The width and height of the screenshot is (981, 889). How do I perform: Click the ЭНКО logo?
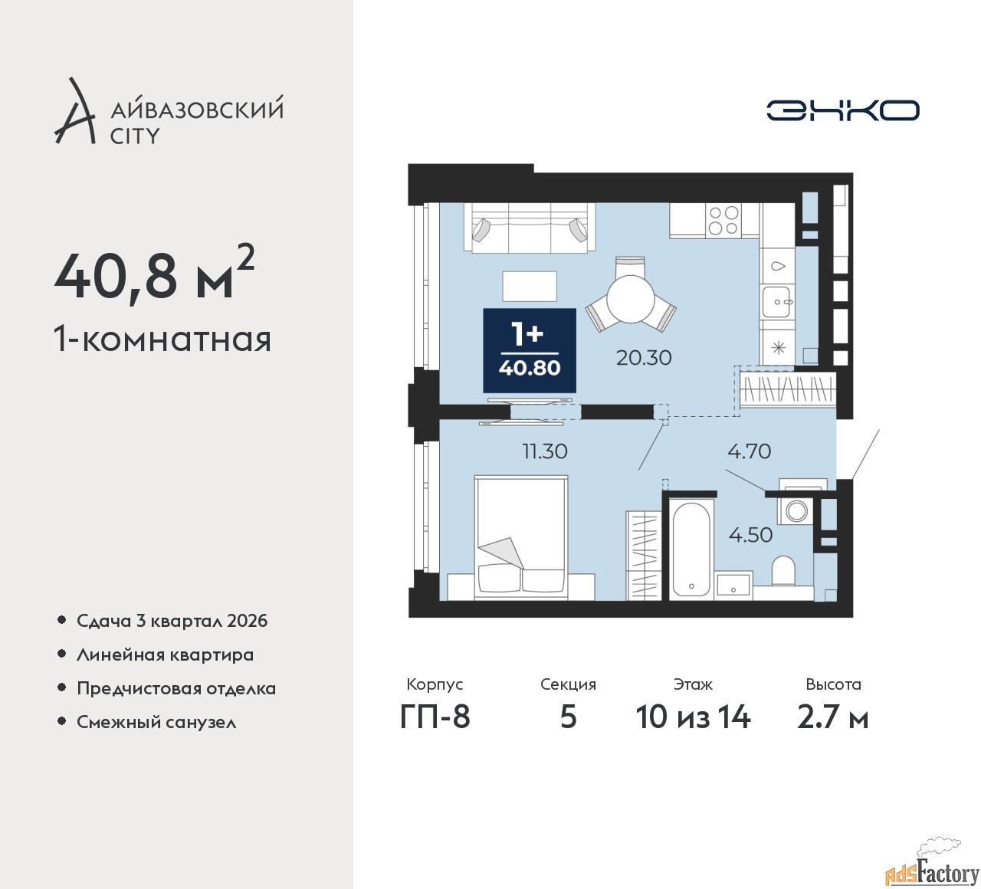tap(842, 110)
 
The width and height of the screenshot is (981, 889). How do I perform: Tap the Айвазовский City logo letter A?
tap(74, 110)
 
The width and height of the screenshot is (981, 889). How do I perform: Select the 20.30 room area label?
tap(644, 358)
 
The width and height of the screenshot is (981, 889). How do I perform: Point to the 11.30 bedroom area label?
tap(545, 451)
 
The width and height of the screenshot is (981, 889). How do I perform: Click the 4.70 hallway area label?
tap(750, 451)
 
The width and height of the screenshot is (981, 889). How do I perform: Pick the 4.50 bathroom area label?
tap(750, 535)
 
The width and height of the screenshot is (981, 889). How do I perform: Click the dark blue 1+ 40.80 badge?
tap(530, 350)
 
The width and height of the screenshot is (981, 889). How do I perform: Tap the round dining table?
tap(631, 298)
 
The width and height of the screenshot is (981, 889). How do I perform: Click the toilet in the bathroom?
tap(783, 571)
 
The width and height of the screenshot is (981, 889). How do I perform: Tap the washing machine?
tap(794, 511)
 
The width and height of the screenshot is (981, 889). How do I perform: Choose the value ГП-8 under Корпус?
tap(435, 717)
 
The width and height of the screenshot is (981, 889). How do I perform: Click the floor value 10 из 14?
tap(693, 717)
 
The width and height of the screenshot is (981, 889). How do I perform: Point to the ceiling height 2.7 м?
tap(833, 717)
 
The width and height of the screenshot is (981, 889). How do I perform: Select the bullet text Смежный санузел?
tap(156, 722)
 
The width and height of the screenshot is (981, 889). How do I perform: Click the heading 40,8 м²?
tap(155, 277)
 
